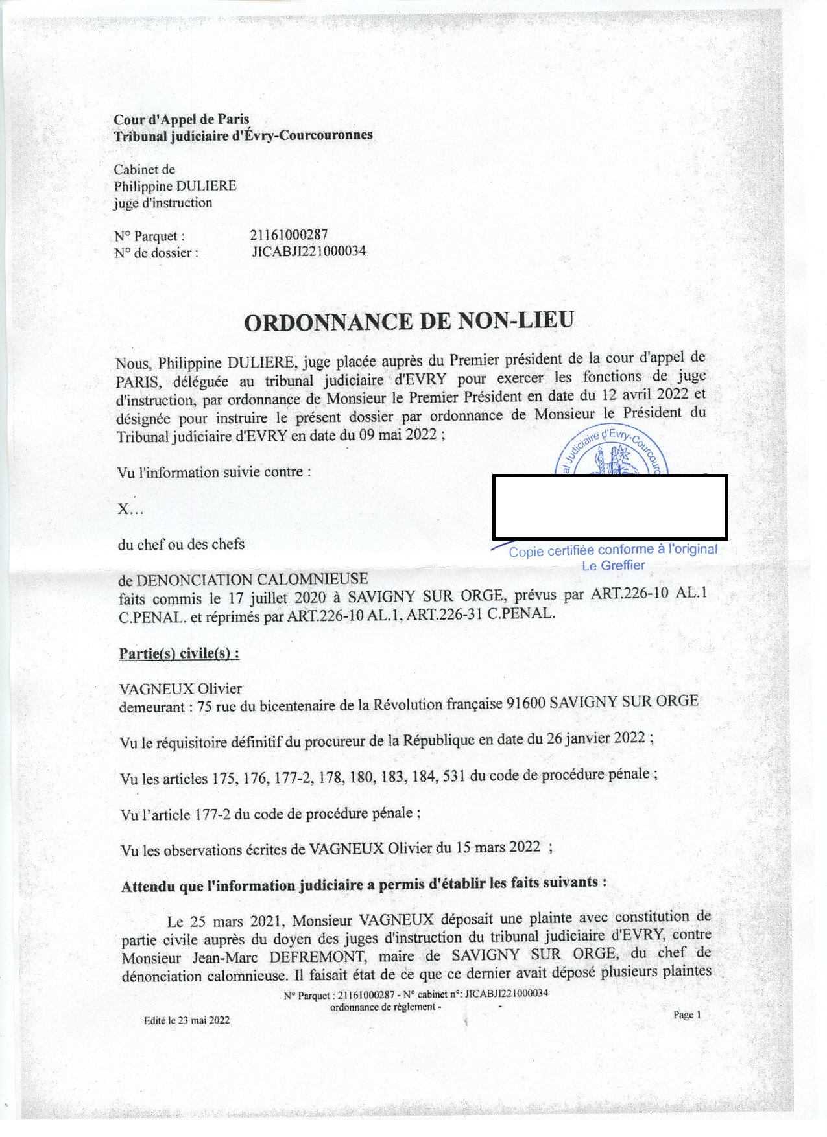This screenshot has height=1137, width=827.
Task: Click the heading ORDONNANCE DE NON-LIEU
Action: coord(409,322)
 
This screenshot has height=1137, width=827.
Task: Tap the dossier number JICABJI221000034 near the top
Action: coord(309,252)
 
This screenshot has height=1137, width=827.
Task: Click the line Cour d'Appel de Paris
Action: coord(182,119)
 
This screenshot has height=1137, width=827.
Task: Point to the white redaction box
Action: coord(610,507)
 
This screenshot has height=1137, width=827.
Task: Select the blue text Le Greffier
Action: coord(613,565)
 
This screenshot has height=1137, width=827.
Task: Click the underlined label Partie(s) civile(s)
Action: coord(179,653)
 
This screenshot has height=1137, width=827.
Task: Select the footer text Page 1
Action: coord(687,1015)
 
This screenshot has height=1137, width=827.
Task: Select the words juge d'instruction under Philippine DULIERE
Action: coord(163,203)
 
